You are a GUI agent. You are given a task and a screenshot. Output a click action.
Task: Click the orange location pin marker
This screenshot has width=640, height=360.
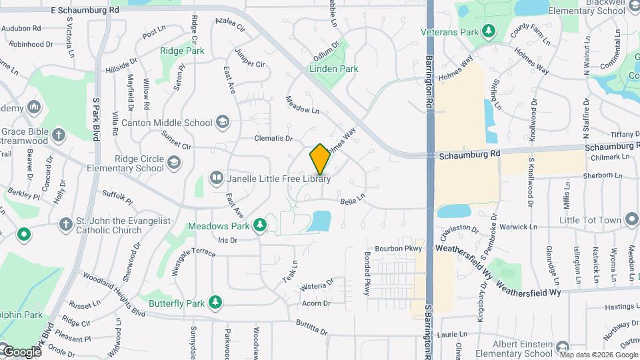(x=320, y=159)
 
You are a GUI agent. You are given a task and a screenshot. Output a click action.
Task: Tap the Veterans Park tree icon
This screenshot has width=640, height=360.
(x=489, y=31)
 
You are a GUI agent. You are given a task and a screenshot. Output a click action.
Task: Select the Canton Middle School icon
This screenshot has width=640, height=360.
(x=223, y=122)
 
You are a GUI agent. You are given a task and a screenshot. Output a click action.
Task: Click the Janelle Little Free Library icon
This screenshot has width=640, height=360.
(x=216, y=178)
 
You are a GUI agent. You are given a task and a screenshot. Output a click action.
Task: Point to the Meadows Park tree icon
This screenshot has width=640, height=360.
(x=261, y=226)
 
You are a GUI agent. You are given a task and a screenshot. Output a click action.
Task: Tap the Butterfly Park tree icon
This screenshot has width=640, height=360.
(x=215, y=303)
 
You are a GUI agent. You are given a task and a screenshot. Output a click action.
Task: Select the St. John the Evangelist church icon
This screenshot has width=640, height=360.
(x=66, y=225)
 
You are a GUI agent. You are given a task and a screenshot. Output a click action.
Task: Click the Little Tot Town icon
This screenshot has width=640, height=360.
(x=631, y=220)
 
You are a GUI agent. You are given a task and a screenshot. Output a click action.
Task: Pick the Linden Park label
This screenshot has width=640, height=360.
(x=334, y=69)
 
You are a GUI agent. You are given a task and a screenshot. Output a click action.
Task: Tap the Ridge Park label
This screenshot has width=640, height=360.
(x=181, y=51)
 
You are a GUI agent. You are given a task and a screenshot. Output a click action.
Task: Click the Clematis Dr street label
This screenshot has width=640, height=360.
(x=273, y=139)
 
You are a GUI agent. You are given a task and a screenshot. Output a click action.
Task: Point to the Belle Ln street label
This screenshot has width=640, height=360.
(x=353, y=197)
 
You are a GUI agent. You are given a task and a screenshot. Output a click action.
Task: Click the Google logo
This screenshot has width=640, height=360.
(x=21, y=351)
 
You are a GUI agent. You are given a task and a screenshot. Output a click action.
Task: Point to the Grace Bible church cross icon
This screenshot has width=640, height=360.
(x=59, y=135)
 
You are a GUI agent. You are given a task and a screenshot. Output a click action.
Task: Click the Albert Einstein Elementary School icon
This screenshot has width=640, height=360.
(x=562, y=347)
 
